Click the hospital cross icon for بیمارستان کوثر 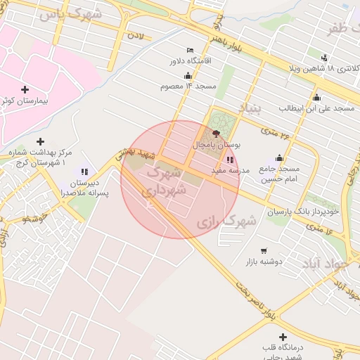click(x=25, y=89)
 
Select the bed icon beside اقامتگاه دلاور click(x=190, y=50)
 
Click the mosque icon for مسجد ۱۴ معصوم click(x=187, y=75)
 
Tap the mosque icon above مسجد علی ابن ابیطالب click(x=316, y=98)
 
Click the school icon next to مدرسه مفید click(x=230, y=160)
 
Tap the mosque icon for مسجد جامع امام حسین click(x=280, y=158)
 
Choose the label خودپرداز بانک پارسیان click(x=303, y=211)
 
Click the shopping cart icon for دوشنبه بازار click(x=264, y=250)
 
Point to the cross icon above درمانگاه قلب click(x=283, y=337)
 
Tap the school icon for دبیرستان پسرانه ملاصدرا click(x=85, y=171)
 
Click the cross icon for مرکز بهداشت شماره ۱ click(x=40, y=142)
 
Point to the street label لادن click(x=136, y=34)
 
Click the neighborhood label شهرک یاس click(x=70, y=15)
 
